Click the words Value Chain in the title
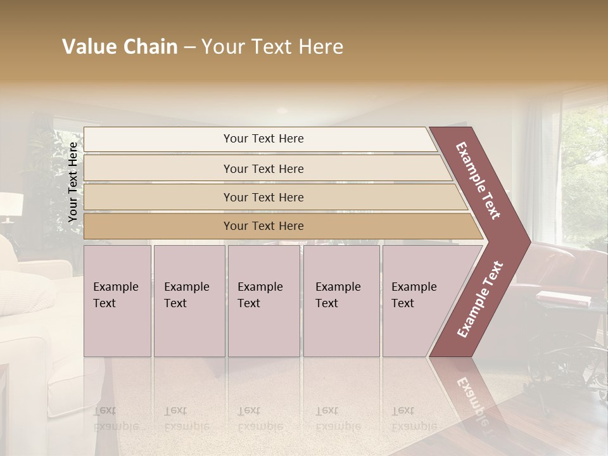coord(120,47)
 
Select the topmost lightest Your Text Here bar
coord(263,139)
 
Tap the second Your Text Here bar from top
coord(263,168)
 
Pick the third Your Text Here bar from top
coord(263,197)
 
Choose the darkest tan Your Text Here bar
coord(263,226)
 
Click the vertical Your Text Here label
coord(73,182)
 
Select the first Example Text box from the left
coord(117,301)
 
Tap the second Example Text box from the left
coord(189,301)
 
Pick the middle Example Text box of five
coord(263,301)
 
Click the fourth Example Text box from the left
coord(341,301)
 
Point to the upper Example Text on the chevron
coord(478,180)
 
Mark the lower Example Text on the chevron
coord(480,299)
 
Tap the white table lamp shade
coord(11,205)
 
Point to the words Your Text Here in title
coord(272,47)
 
